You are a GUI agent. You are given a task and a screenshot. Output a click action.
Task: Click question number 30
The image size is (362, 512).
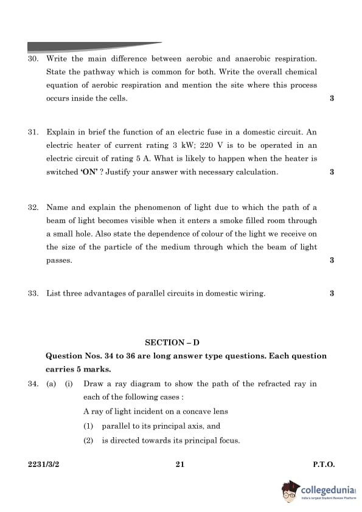33,59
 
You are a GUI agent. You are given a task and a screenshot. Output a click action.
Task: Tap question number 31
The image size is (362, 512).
33,132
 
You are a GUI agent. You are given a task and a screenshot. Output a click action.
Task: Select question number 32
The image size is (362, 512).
33,207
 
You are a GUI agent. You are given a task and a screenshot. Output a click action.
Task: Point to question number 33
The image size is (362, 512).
33,294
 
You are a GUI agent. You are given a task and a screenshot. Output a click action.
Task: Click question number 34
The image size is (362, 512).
33,384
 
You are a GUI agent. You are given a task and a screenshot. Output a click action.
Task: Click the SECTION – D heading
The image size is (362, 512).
181,343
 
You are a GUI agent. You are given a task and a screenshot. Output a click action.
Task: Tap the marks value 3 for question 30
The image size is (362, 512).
332,99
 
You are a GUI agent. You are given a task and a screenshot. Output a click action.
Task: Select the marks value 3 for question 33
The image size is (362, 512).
332,294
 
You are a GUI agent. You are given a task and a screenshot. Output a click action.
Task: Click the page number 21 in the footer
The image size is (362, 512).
180,465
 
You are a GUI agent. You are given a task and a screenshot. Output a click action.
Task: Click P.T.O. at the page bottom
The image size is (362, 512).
324,465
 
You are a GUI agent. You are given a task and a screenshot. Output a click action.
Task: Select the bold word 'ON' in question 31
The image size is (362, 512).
89,172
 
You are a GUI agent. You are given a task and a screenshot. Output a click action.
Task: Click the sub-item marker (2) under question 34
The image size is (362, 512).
89,441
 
